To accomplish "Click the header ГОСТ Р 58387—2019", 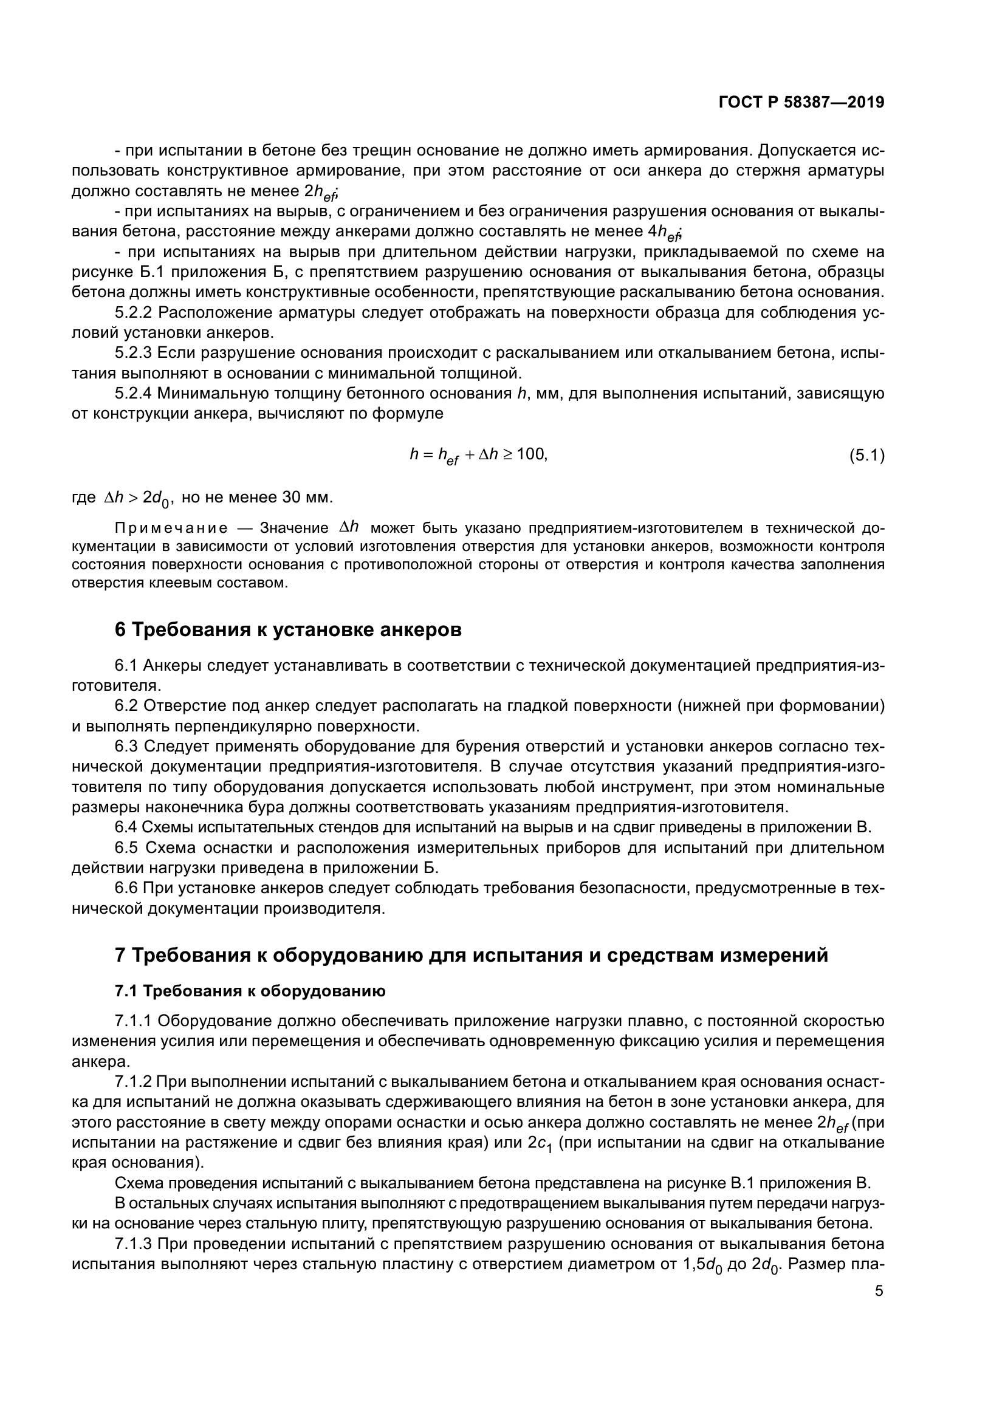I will [801, 103].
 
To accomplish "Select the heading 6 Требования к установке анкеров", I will [289, 630].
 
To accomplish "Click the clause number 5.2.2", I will [134, 312].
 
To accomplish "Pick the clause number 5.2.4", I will [134, 394].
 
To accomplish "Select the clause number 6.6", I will [127, 889].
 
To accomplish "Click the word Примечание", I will [171, 528].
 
